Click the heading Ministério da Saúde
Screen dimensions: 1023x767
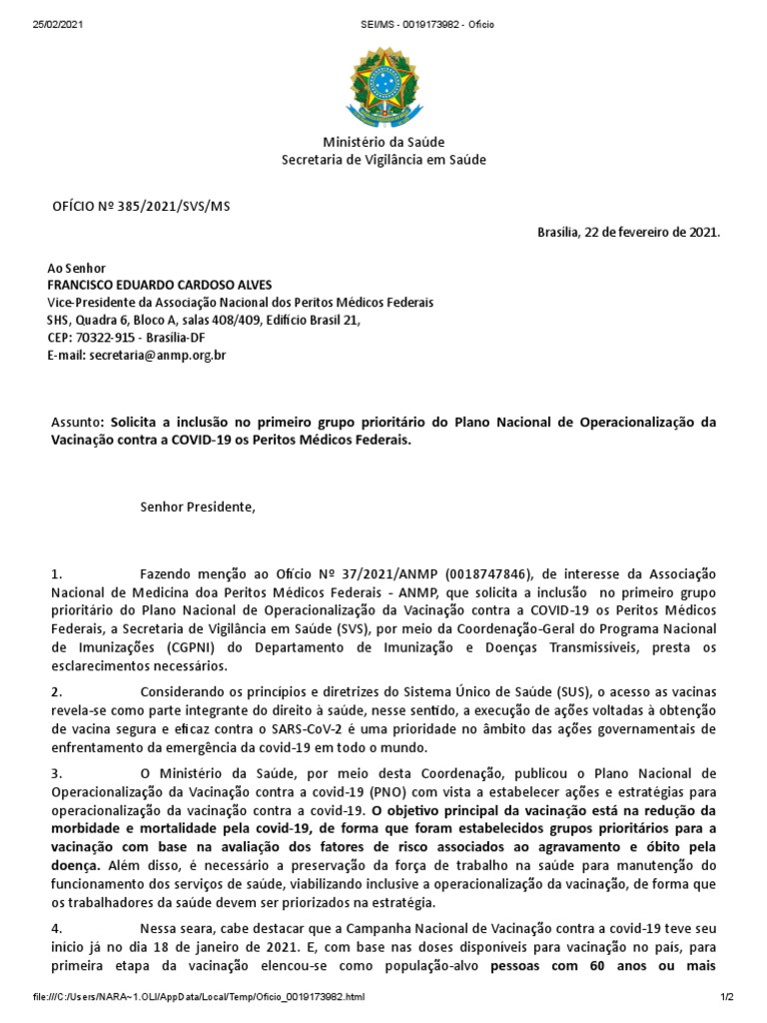coord(384,142)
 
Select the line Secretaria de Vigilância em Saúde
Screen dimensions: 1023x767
coord(384,159)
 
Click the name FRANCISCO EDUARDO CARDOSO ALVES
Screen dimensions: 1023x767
coord(159,285)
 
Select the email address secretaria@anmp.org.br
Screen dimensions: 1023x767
coord(157,355)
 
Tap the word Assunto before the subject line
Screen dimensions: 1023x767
coord(76,423)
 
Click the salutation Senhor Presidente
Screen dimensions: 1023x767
coord(198,507)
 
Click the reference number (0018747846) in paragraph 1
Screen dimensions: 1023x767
coord(491,574)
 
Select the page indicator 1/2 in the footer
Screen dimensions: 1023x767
coord(726,997)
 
